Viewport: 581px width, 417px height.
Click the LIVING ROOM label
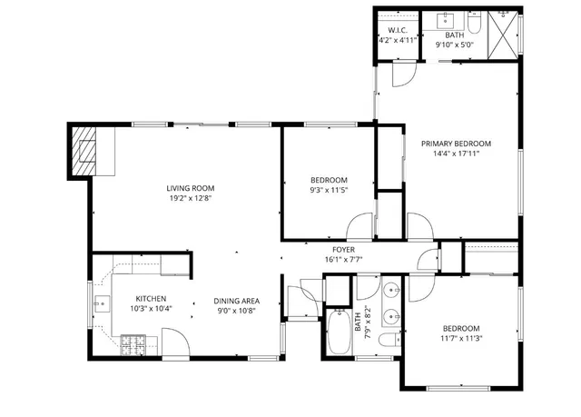(x=196, y=188)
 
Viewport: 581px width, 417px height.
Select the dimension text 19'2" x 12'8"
(x=196, y=198)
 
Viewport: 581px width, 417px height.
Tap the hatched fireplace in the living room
(x=85, y=151)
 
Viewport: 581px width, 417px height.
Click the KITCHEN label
(x=151, y=299)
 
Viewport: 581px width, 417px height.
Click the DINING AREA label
(x=237, y=302)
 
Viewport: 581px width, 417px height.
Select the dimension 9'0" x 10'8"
(x=237, y=312)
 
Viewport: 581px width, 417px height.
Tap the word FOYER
(x=343, y=249)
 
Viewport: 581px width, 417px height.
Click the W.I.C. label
(x=395, y=31)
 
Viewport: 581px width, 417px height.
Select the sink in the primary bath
(x=449, y=19)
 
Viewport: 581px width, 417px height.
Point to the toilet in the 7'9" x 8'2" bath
(x=388, y=342)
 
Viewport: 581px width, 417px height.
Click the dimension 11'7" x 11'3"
(x=461, y=339)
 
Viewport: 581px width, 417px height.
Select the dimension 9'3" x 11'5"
(x=329, y=190)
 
